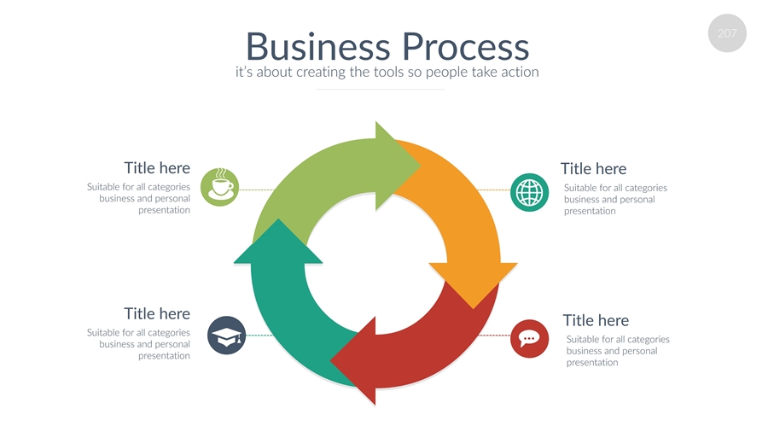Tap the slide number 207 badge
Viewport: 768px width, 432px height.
pyautogui.click(x=727, y=34)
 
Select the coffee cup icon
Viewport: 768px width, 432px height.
pyautogui.click(x=219, y=188)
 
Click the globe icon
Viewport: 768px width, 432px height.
pyautogui.click(x=529, y=191)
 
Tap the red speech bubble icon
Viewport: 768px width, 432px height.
pyautogui.click(x=529, y=338)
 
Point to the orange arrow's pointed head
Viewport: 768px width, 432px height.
pyautogui.click(x=473, y=282)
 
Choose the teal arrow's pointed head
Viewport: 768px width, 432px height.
pyautogui.click(x=277, y=242)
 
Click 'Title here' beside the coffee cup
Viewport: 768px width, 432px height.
pyautogui.click(x=157, y=168)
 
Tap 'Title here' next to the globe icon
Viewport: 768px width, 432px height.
pyautogui.click(x=593, y=169)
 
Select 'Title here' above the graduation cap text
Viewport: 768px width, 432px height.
pyautogui.click(x=157, y=314)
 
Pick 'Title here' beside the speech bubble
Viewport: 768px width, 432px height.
pyautogui.click(x=596, y=320)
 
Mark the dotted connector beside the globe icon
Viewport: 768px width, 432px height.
pyautogui.click(x=492, y=190)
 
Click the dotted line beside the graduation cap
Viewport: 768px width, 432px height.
pyautogui.click(x=259, y=336)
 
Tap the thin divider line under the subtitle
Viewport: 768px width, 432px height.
pyautogui.click(x=381, y=89)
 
